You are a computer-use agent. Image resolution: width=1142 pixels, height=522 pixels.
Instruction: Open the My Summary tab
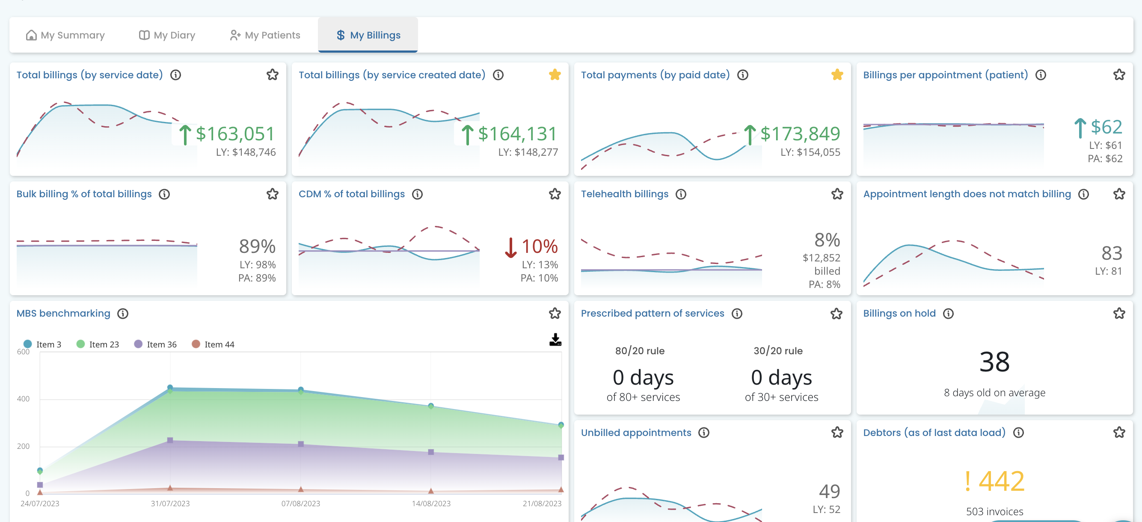65,35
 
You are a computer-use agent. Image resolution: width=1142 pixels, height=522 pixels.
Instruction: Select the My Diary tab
167,35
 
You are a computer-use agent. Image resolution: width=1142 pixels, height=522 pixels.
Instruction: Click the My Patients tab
265,35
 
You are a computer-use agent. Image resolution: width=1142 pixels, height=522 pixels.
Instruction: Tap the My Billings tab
368,35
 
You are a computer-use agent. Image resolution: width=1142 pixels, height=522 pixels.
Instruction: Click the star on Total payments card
836,74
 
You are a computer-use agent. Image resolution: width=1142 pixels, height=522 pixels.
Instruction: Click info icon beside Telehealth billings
680,194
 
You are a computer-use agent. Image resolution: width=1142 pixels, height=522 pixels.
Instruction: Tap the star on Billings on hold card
1118,314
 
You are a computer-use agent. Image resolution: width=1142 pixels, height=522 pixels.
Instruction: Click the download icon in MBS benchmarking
555,340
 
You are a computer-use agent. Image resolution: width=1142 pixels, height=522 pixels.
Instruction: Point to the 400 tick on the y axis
23,399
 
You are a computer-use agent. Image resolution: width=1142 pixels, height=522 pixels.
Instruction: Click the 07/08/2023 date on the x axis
300,503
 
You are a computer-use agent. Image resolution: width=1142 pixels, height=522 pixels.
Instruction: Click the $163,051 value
235,133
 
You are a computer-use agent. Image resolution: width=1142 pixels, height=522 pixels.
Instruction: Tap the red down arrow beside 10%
511,247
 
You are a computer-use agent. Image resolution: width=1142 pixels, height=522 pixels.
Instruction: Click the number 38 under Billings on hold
994,362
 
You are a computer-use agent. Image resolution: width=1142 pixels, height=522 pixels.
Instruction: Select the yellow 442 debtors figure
1001,481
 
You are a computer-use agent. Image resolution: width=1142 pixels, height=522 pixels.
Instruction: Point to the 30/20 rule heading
778,351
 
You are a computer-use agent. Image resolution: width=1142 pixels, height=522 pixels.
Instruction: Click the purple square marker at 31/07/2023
170,440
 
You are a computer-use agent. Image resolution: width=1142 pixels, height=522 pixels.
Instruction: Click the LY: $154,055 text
810,152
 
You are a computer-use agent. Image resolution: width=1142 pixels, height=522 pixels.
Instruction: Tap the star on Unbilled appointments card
836,433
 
